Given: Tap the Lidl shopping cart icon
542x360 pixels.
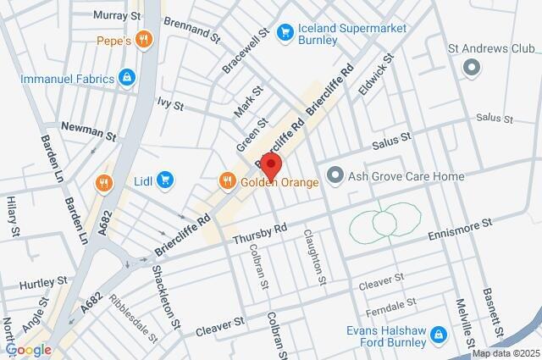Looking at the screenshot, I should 165,180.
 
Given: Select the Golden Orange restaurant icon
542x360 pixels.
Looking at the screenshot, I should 227,180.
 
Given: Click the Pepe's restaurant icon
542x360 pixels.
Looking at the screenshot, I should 146,39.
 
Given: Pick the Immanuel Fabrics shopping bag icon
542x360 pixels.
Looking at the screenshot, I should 127,78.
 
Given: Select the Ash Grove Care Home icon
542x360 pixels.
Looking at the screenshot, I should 335,176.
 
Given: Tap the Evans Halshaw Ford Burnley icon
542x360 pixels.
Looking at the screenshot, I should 438,335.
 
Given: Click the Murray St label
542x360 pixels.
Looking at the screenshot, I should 117,15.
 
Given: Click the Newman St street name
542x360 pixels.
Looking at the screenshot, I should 87,133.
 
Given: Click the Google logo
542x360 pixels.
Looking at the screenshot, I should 28,350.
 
